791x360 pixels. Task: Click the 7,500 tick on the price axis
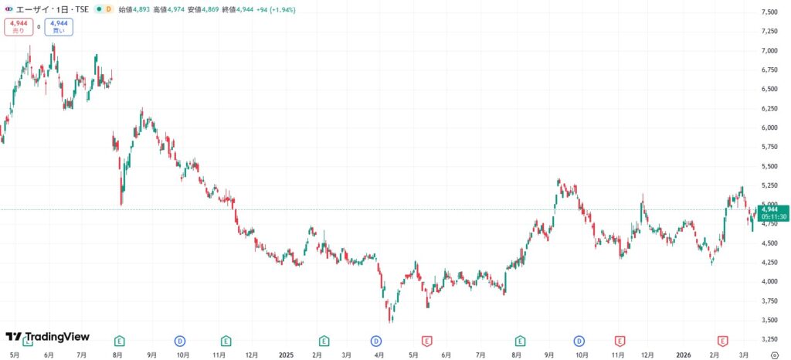769,12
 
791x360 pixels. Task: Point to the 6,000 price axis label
769,127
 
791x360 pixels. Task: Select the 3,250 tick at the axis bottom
769,339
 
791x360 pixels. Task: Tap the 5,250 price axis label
769,185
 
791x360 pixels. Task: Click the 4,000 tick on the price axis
769,281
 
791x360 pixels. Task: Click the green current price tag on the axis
773,209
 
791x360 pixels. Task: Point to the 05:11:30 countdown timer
773,217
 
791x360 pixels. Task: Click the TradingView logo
47,337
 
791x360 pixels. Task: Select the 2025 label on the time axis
286,355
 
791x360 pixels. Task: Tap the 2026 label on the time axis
683,355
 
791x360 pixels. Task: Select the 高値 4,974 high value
169,9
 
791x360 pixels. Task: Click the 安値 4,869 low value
204,9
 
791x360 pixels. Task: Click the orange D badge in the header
108,9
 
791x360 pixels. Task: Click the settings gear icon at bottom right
775,355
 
